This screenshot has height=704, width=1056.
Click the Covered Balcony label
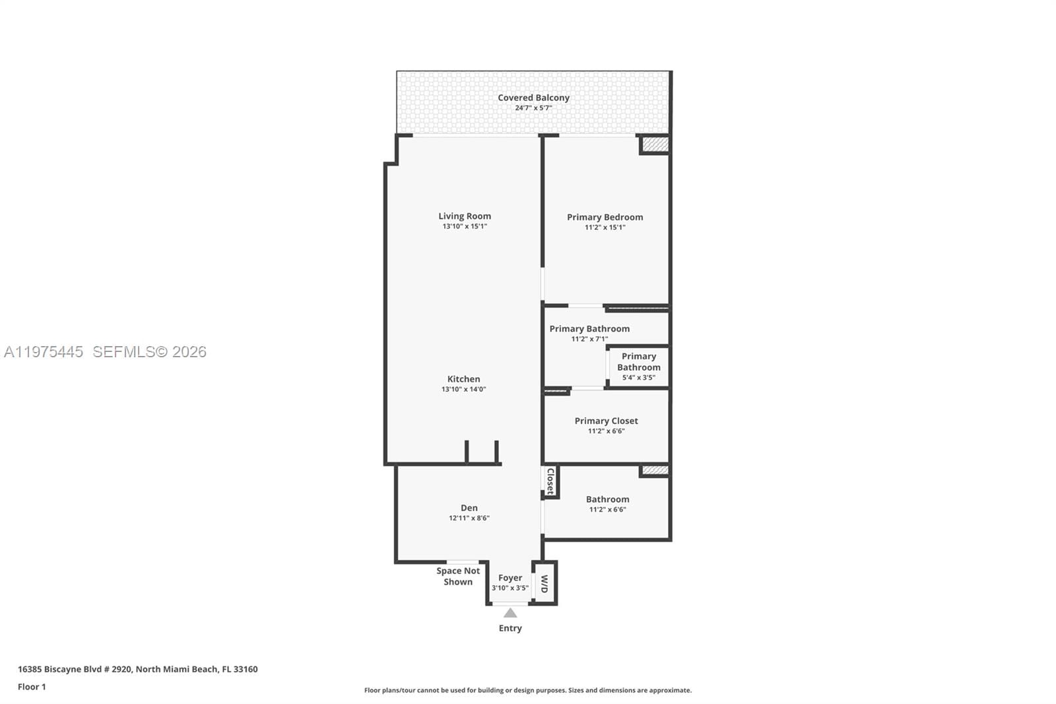tap(533, 98)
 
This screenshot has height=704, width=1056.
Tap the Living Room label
tap(465, 216)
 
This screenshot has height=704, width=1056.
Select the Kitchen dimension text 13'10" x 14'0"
tap(463, 390)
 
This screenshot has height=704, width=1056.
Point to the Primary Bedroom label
tap(605, 217)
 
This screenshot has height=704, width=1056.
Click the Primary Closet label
tap(606, 421)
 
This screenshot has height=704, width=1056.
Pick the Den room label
tap(469, 508)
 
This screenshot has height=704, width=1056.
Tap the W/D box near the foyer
tap(545, 583)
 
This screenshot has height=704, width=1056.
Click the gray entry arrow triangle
tap(510, 613)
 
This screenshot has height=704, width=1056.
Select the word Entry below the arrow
tap(510, 628)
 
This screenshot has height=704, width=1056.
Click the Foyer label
tap(510, 578)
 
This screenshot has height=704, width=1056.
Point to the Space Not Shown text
tap(458, 576)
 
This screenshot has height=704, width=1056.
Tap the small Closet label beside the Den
tap(550, 481)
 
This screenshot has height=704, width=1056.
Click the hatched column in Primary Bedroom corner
tap(655, 144)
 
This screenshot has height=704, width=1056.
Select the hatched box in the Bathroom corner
tap(655, 470)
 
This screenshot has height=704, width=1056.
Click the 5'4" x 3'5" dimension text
tap(638, 378)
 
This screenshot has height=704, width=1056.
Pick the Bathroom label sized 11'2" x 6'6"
tap(607, 500)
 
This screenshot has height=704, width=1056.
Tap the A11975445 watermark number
tap(44, 352)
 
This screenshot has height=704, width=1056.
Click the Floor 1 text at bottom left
tap(32, 687)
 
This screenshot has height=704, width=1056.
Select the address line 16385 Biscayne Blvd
tap(137, 669)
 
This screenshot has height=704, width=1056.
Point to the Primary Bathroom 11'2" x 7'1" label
tap(589, 329)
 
